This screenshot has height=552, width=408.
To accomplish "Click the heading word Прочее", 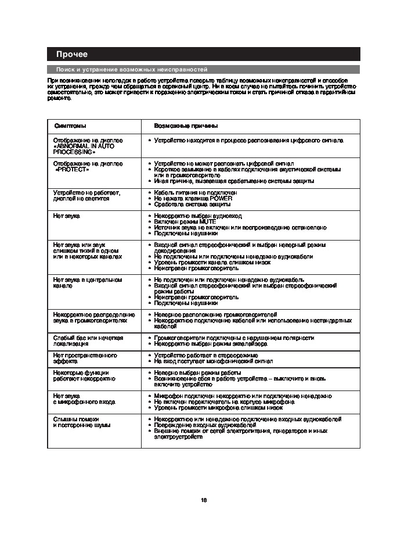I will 71,55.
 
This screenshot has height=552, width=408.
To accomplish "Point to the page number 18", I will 204,500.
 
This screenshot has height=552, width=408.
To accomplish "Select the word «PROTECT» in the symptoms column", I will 73,170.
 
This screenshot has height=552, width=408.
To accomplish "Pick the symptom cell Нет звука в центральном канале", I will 87,282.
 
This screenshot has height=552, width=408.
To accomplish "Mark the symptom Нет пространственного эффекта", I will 85,357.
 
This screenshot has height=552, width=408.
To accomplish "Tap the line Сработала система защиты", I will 192,205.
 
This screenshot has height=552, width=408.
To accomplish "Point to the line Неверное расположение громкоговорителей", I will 215,314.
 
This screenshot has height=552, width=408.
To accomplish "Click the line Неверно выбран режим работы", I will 197,372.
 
